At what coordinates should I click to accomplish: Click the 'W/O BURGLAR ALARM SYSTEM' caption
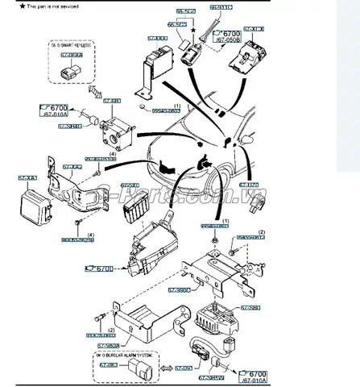pyautogui.click(x=128, y=353)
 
